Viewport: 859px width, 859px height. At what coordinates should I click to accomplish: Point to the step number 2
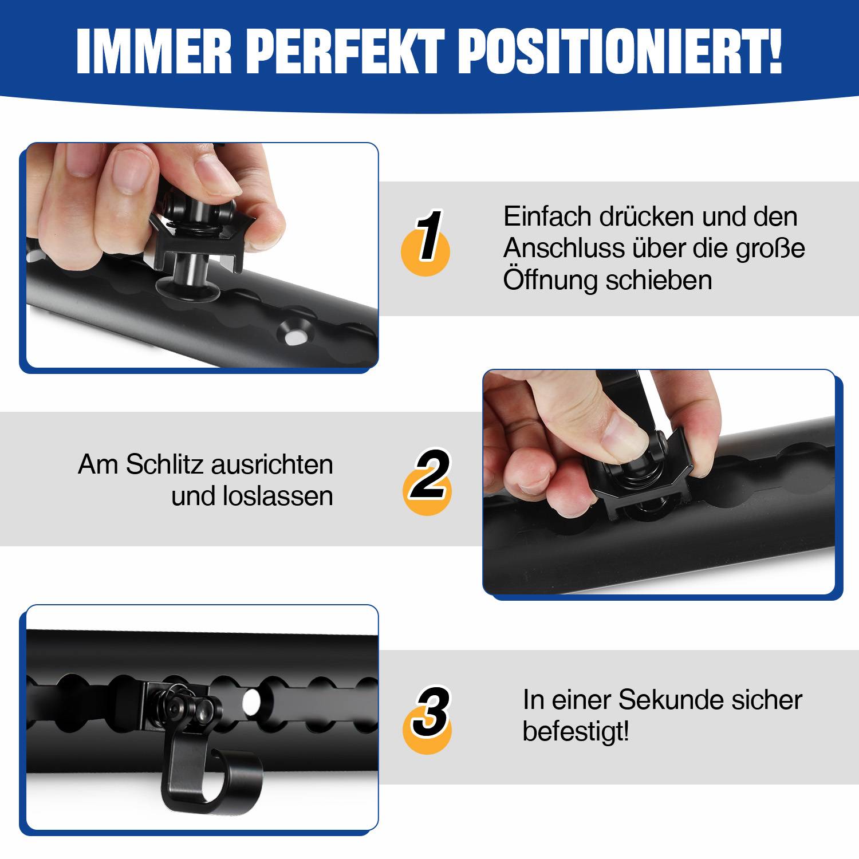coord(428,475)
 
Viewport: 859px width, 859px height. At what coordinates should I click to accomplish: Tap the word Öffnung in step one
coord(550,280)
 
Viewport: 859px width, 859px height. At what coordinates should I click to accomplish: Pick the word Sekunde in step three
coord(665,700)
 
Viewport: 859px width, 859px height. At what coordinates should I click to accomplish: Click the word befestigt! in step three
coord(575,731)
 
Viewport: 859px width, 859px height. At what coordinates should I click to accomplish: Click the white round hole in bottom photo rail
coord(251,700)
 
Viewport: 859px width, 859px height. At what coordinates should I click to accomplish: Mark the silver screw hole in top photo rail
coord(293,335)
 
